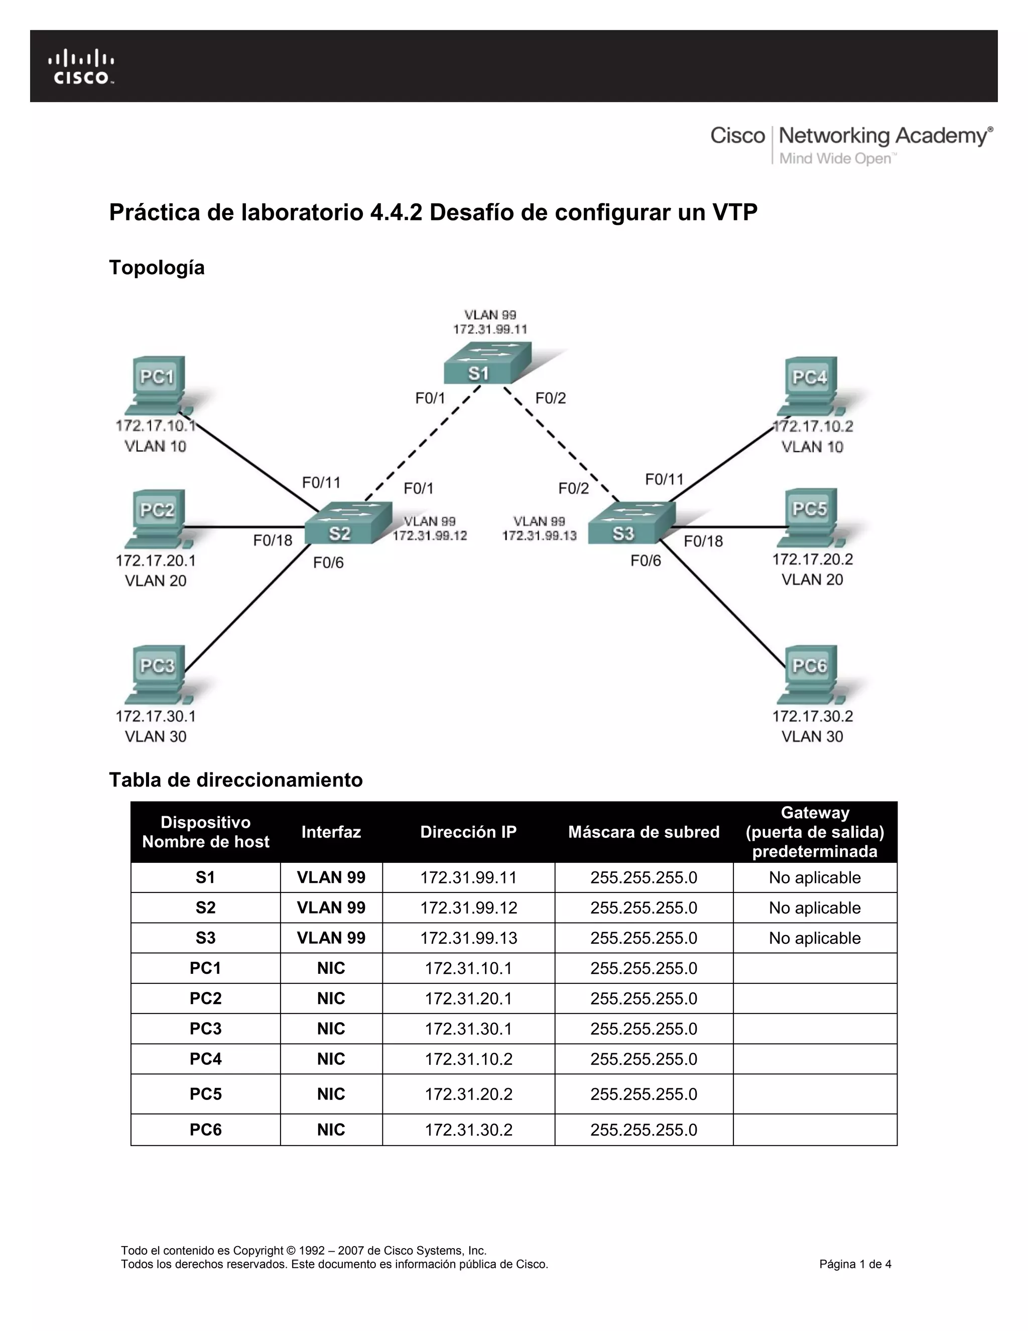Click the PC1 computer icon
pyautogui.click(x=158, y=385)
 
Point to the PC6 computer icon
pyautogui.click(x=811, y=674)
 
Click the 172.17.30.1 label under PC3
pyautogui.click(x=156, y=716)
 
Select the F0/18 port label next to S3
pyautogui.click(x=703, y=541)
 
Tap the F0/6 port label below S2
pyautogui.click(x=328, y=563)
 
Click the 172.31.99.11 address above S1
pyautogui.click(x=490, y=329)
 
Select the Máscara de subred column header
pyautogui.click(x=644, y=832)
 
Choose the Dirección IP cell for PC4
pyautogui.click(x=468, y=1059)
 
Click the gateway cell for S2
pyautogui.click(x=815, y=908)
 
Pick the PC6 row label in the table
pyautogui.click(x=205, y=1129)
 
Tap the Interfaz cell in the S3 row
pyautogui.click(x=331, y=937)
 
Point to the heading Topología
pyautogui.click(x=157, y=268)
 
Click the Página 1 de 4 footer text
pyautogui.click(x=855, y=1264)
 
